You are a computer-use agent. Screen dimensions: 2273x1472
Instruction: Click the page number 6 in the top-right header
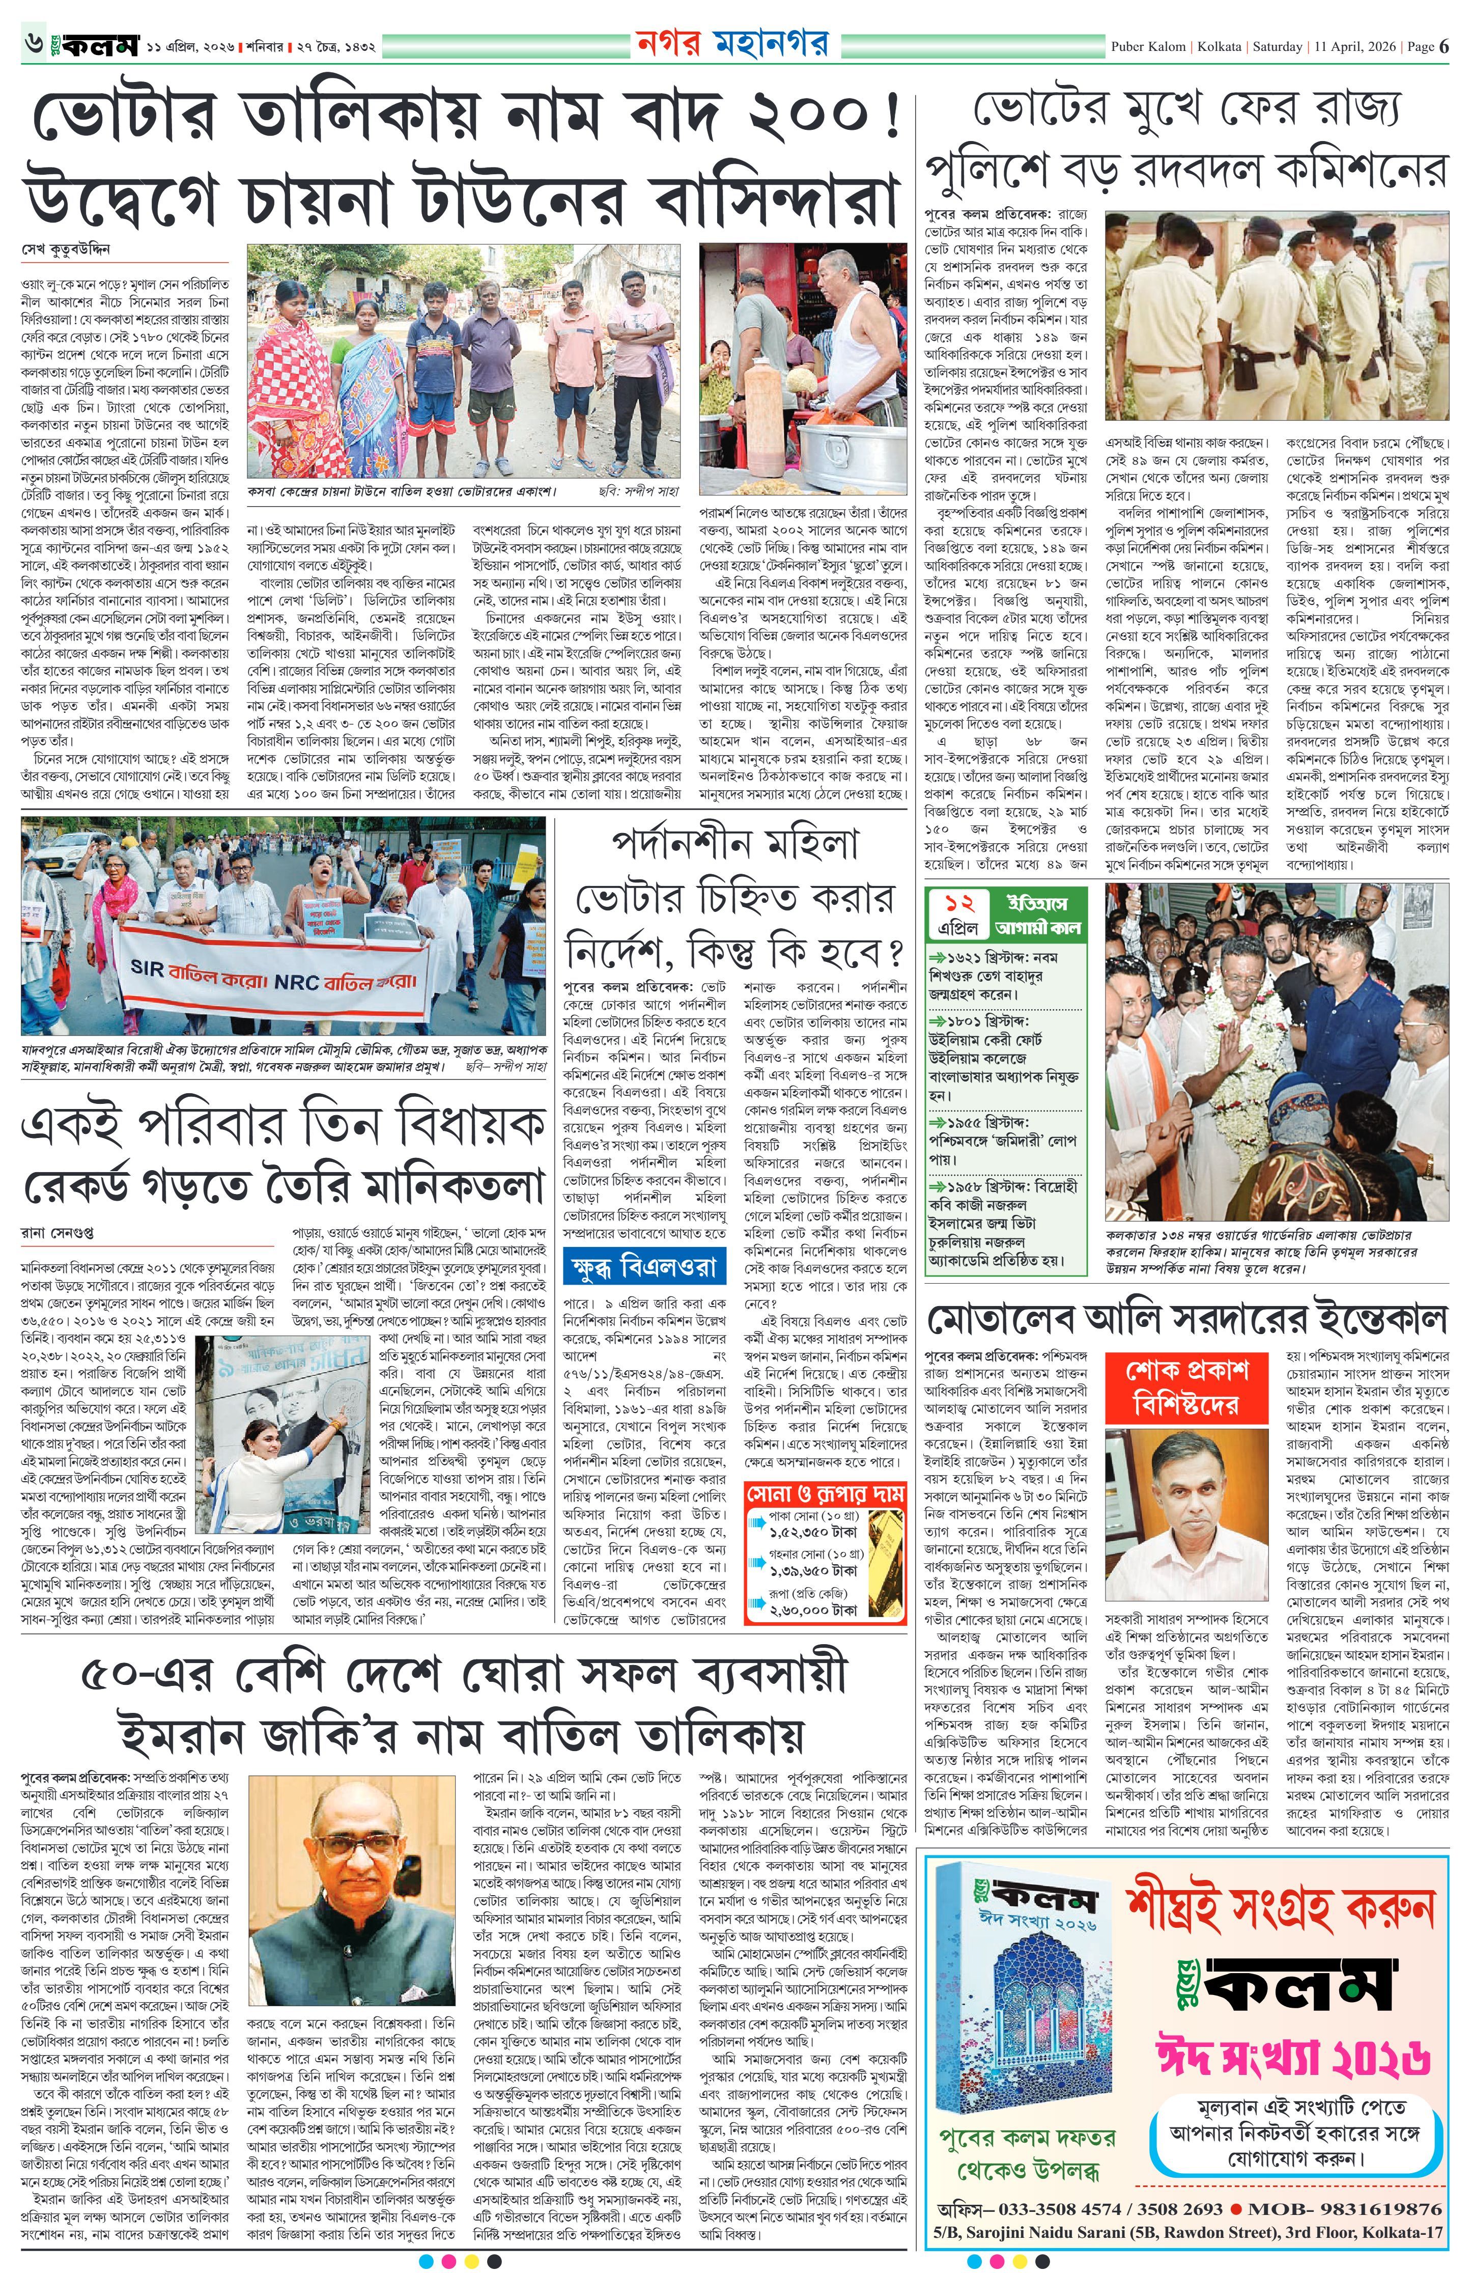(x=1443, y=46)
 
